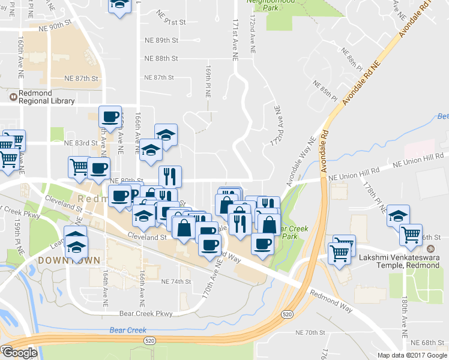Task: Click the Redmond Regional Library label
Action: click(x=42, y=98)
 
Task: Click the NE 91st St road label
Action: click(x=171, y=21)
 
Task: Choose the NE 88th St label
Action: click(x=161, y=59)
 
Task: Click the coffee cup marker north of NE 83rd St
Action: click(x=110, y=118)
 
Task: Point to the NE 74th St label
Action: click(x=175, y=281)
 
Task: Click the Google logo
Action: click(x=20, y=353)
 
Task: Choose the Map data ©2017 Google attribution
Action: click(x=412, y=355)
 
